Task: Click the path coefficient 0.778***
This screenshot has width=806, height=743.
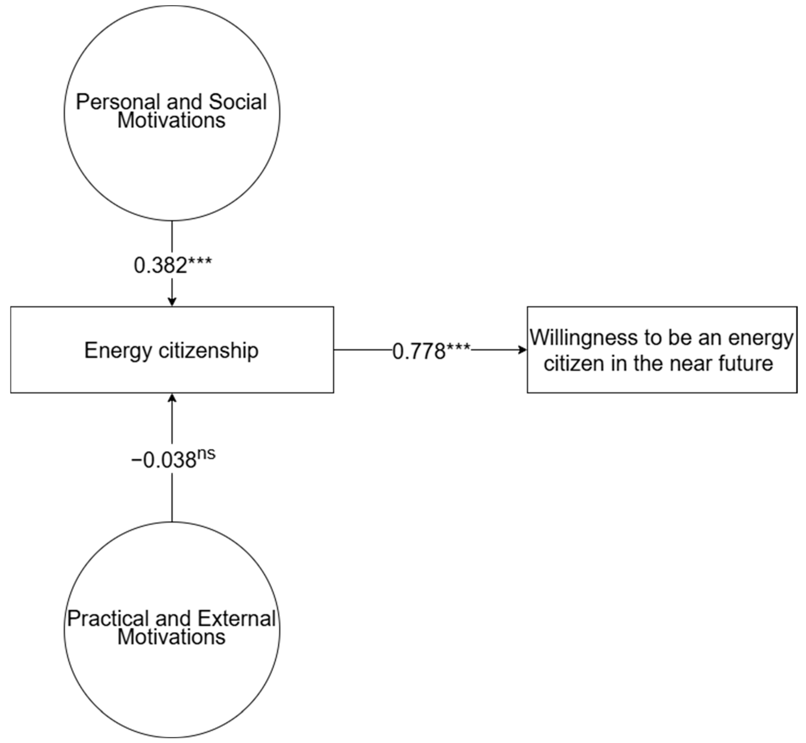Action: (430, 351)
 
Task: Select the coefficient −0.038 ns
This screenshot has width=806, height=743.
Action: (173, 460)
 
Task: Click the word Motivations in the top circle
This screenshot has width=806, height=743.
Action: (171, 121)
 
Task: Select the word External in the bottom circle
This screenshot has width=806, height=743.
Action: (236, 618)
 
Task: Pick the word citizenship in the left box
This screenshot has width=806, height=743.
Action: (208, 351)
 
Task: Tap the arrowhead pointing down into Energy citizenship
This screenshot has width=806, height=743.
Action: (172, 301)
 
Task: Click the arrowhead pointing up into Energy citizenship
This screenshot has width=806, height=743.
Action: (172, 398)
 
